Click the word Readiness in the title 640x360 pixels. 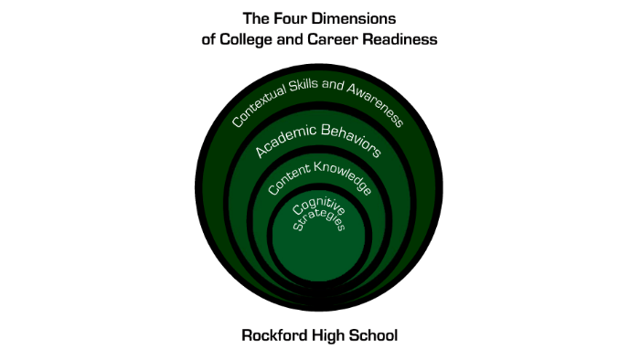(400, 39)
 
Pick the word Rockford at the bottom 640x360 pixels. (274, 335)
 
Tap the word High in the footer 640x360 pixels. (331, 335)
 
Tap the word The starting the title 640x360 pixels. (255, 17)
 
